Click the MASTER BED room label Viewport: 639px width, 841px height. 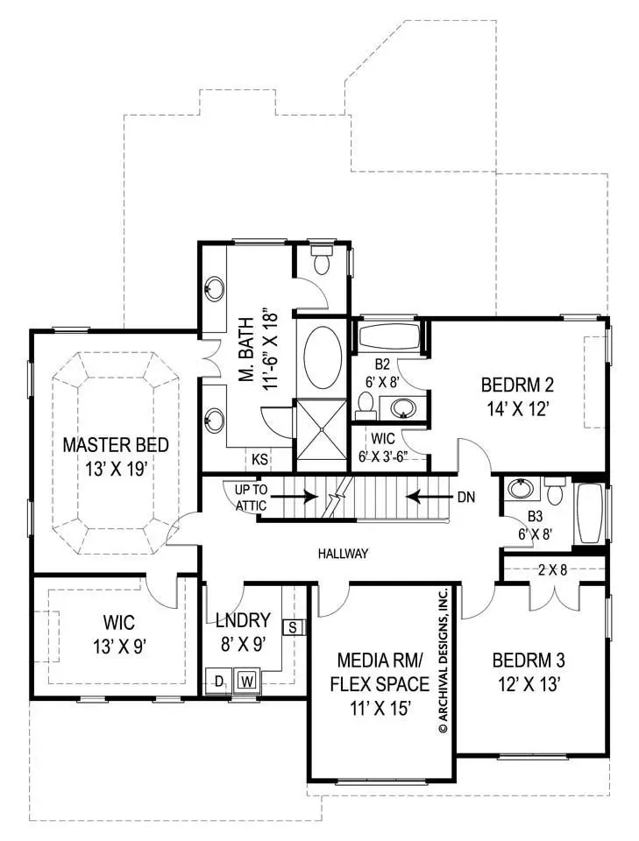pos(116,445)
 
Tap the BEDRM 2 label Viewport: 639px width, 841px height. pos(517,385)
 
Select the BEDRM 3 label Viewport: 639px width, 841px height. pos(529,660)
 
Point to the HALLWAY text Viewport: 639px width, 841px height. pos(343,554)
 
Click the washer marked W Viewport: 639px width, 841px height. pos(247,682)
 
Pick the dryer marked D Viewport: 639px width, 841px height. pos(219,682)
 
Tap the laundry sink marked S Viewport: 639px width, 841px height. pos(293,627)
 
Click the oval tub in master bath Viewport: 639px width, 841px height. pos(323,358)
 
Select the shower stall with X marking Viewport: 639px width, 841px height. pos(322,428)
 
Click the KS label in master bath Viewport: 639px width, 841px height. pos(259,459)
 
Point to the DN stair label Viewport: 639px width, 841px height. pos(466,498)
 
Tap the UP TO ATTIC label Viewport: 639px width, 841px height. pos(251,498)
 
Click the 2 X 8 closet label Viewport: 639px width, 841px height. pos(552,569)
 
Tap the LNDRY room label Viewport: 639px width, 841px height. pos(243,620)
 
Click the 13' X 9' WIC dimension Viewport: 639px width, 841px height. pos(120,647)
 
